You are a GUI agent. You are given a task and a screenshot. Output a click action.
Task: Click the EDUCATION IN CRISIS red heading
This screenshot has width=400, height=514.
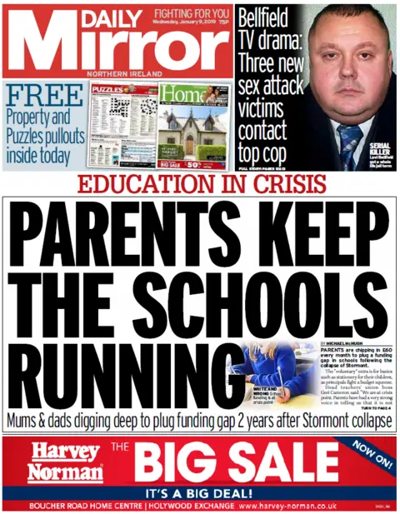coord(199,184)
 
